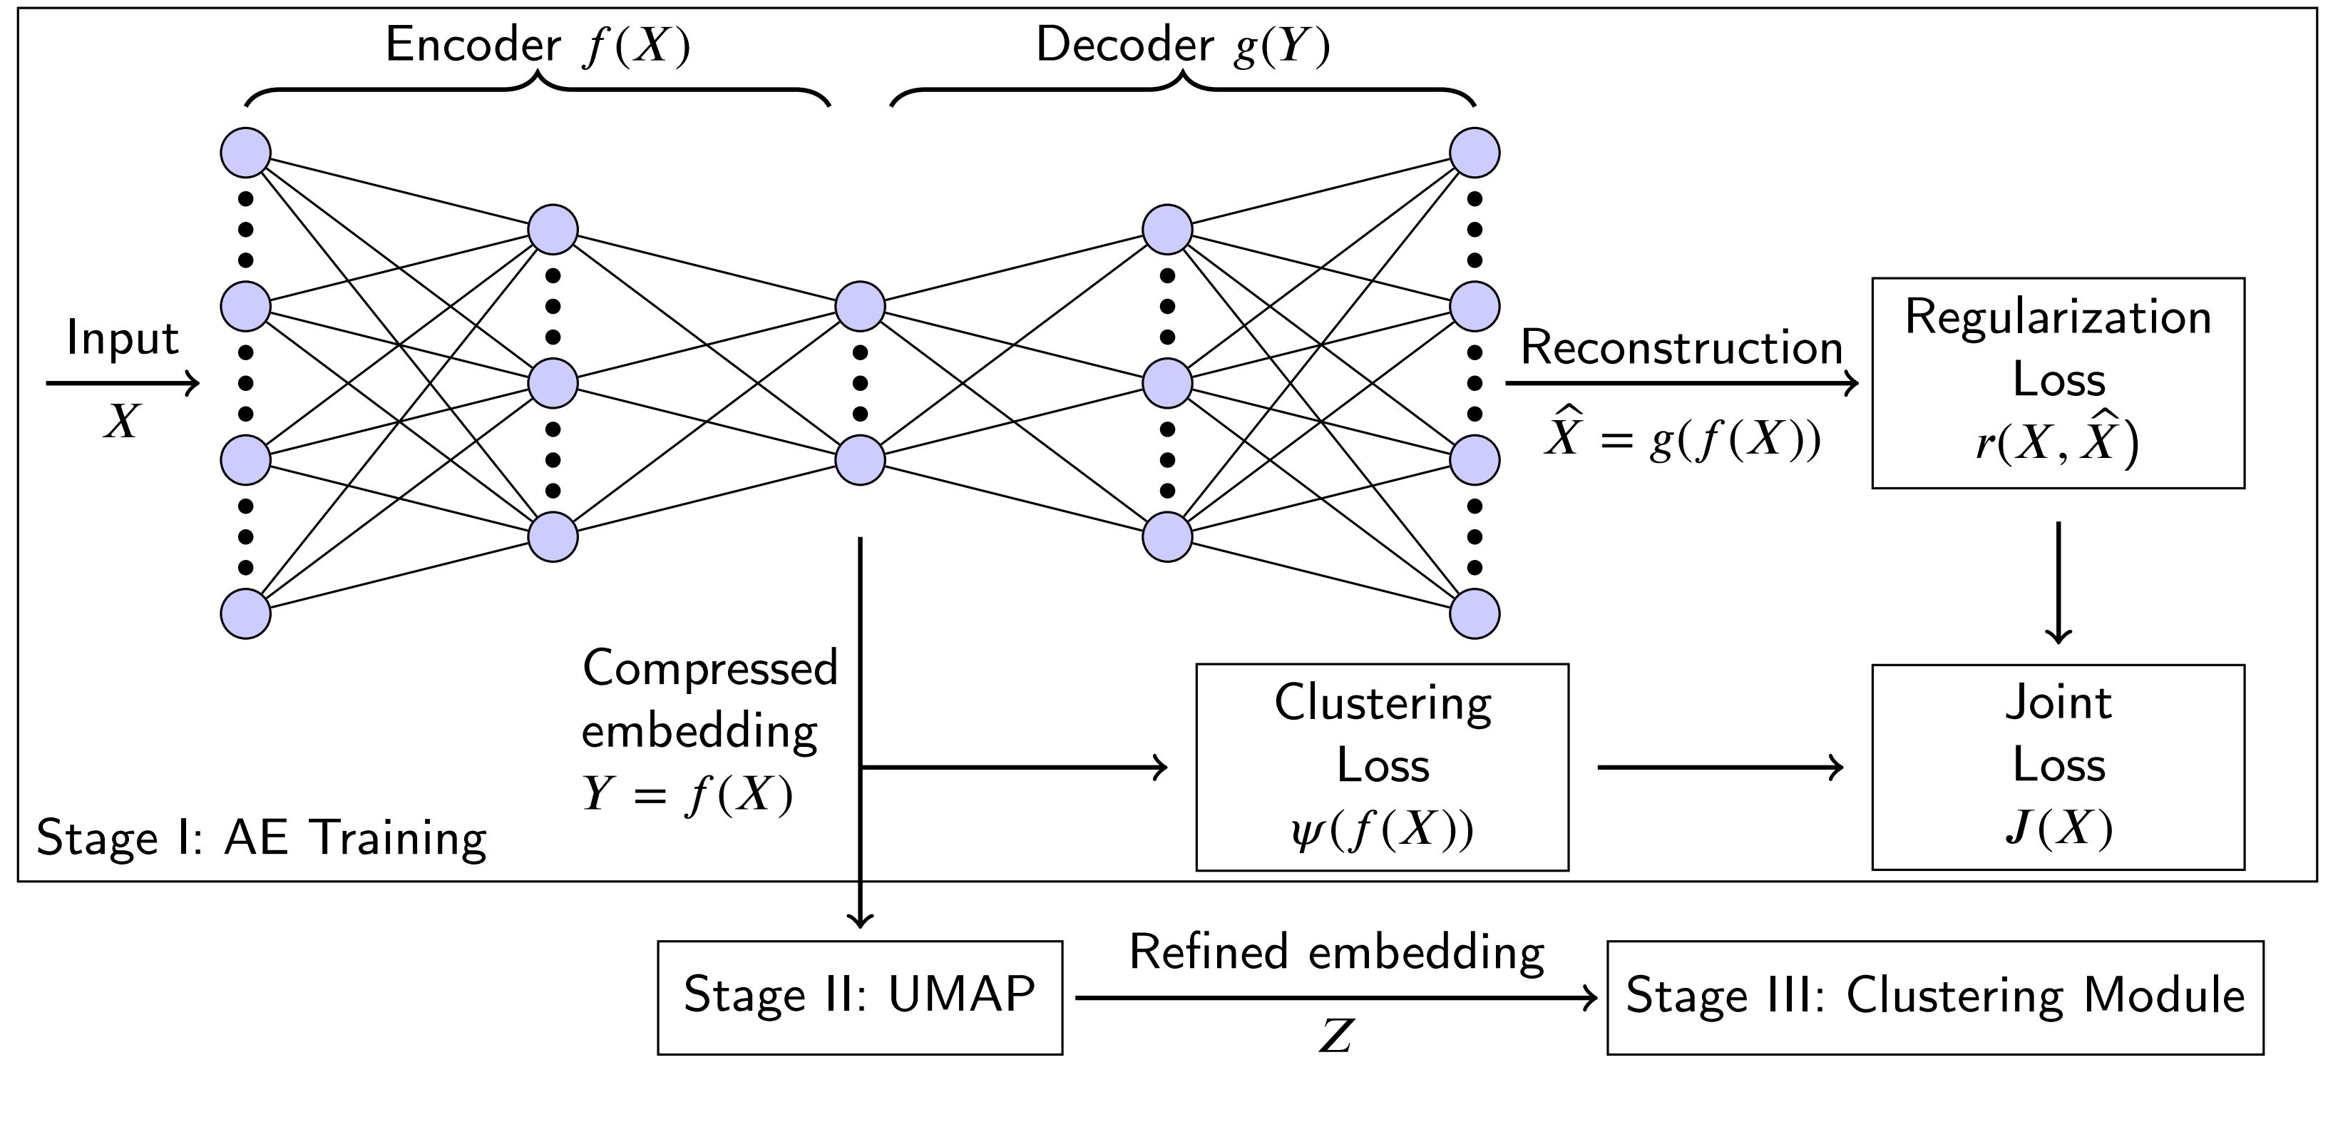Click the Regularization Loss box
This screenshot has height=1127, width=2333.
point(2057,382)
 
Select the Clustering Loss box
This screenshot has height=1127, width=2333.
point(1381,767)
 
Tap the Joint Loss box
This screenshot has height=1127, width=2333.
point(2057,767)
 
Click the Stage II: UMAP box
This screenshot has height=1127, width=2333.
point(858,996)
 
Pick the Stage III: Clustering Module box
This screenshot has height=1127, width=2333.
point(1934,996)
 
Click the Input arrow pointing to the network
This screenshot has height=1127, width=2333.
point(122,383)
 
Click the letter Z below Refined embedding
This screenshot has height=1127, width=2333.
point(1336,1036)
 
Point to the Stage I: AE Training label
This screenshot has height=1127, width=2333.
point(261,837)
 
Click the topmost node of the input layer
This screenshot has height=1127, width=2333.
point(245,152)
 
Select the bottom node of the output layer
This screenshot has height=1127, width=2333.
point(1475,613)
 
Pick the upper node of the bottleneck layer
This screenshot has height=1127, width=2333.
point(859,306)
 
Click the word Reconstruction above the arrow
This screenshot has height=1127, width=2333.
point(1681,347)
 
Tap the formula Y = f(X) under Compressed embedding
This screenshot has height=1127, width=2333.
point(687,794)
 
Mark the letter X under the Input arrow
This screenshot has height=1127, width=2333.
point(121,422)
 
